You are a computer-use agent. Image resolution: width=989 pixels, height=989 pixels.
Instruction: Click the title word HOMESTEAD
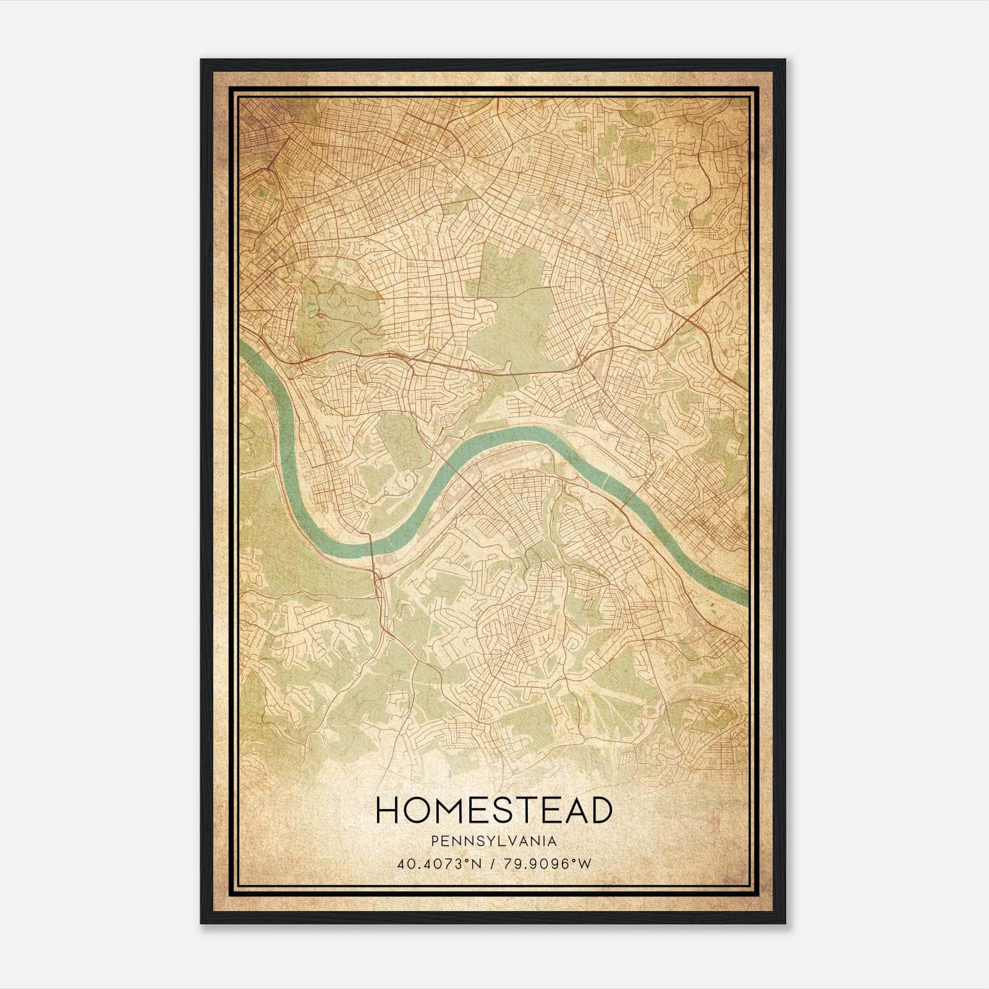coord(494,810)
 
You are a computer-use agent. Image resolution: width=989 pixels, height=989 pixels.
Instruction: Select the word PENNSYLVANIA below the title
coord(494,841)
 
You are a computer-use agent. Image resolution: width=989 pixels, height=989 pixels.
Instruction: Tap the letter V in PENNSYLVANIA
coord(514,841)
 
